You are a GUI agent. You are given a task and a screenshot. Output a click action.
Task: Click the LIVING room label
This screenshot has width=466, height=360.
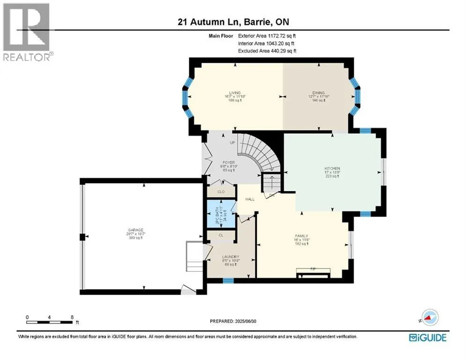point(235,93)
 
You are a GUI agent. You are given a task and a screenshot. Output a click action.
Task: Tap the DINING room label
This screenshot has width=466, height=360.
point(319,93)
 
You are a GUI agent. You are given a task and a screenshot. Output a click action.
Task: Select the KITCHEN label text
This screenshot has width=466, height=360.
point(332,168)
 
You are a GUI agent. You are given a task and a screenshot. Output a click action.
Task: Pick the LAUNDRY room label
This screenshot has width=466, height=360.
point(230,257)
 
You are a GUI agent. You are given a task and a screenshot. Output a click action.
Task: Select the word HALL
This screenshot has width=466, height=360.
point(249,199)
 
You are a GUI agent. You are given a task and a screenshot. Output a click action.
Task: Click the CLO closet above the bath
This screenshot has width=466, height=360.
point(221,192)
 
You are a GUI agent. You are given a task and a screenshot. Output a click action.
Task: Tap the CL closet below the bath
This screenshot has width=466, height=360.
point(221,235)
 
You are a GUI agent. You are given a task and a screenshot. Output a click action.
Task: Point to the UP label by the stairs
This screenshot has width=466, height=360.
point(232,142)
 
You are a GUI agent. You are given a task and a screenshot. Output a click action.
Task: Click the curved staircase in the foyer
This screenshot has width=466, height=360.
point(258,152)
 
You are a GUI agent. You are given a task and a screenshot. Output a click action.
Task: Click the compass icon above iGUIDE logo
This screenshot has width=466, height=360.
point(429,318)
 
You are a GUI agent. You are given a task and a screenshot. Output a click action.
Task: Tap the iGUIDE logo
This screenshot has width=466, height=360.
point(427,337)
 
